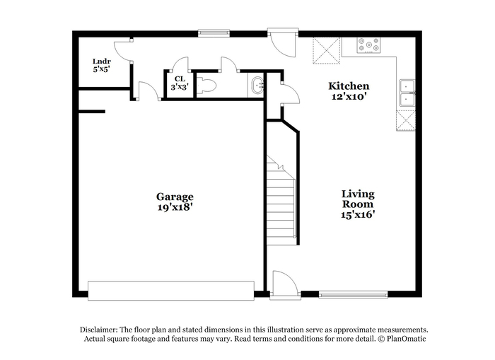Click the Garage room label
175,197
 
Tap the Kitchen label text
349,86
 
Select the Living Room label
358,199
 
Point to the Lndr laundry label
101,62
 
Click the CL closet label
180,79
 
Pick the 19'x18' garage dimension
175,207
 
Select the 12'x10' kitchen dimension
349,96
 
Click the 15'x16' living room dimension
358,215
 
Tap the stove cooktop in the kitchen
368,45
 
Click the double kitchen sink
407,93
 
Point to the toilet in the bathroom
206,86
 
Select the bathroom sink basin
257,85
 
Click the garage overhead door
171,291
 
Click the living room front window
354,294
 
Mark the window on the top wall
214,33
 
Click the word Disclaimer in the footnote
99,330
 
